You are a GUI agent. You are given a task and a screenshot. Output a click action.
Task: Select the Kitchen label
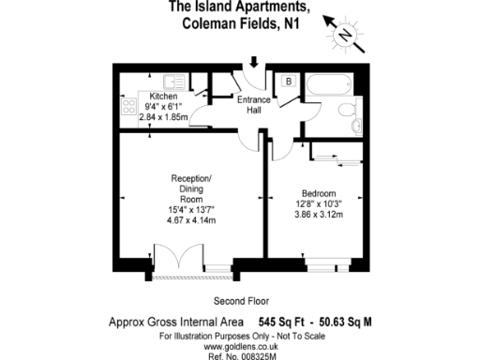[163, 97]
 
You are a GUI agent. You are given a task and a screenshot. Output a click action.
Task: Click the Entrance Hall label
[253, 106]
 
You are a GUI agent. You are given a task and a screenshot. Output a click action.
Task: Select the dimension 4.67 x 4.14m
[191, 221]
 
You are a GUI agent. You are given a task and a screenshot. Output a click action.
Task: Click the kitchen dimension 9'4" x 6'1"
[163, 107]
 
